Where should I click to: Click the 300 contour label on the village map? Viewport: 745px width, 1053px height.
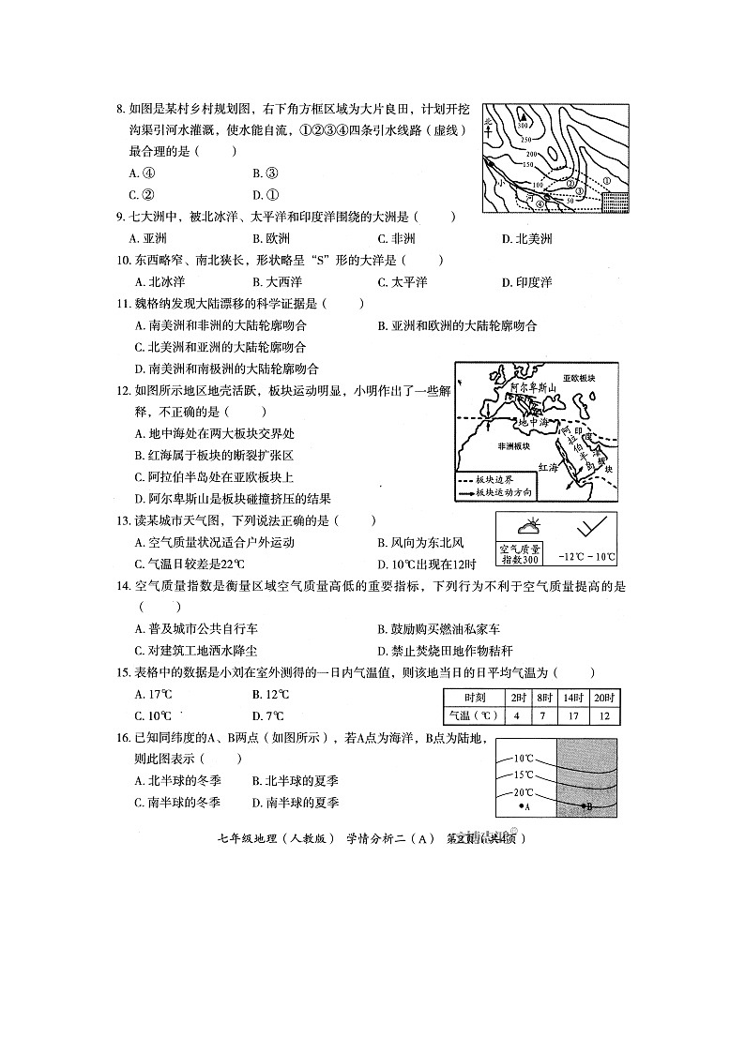click(x=523, y=125)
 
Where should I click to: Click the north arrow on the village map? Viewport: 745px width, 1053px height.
click(x=489, y=122)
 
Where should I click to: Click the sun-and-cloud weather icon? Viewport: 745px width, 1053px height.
click(x=527, y=527)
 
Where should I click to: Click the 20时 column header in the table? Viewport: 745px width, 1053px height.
click(x=604, y=697)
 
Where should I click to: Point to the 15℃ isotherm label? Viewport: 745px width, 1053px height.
click(x=523, y=775)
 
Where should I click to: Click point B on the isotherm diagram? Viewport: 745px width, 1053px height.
click(x=585, y=805)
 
